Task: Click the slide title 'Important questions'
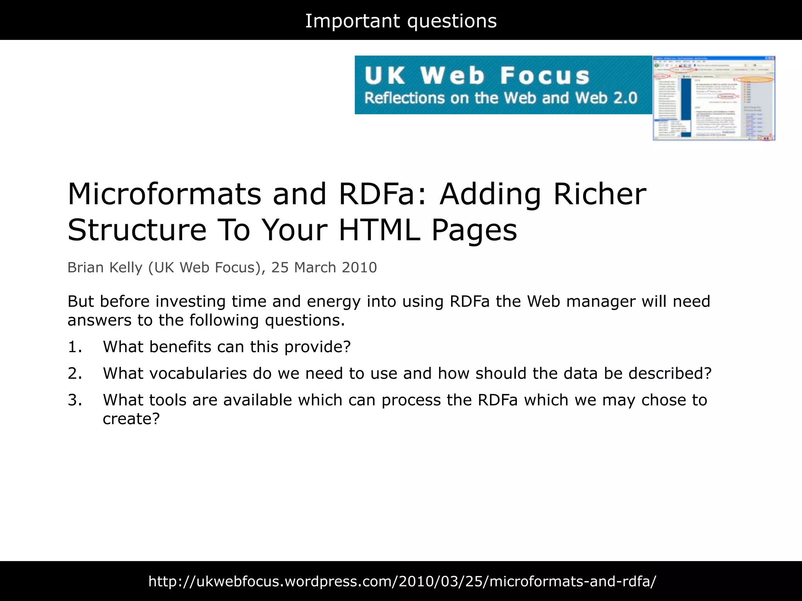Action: (401, 21)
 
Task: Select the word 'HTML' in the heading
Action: (379, 230)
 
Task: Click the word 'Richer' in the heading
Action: (600, 194)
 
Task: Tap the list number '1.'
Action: (75, 347)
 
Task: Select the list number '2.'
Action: (75, 374)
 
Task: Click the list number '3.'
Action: (75, 400)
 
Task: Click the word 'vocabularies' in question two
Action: (198, 374)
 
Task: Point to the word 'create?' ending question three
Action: (131, 419)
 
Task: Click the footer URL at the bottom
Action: (402, 581)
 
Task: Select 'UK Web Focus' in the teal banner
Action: (477, 76)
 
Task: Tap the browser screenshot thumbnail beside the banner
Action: (713, 98)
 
